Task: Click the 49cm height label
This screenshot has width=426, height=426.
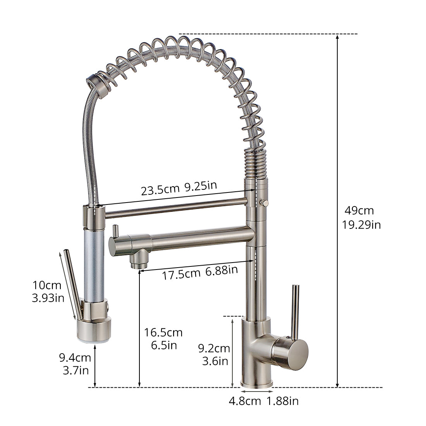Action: tap(359, 211)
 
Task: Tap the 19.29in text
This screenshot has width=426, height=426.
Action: tap(361, 225)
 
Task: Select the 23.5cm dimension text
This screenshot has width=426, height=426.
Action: tap(160, 190)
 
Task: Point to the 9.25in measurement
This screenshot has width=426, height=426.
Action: tap(201, 186)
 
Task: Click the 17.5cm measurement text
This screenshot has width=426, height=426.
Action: tap(181, 274)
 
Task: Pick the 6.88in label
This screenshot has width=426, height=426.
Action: tap(222, 270)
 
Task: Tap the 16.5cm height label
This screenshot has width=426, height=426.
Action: tap(163, 332)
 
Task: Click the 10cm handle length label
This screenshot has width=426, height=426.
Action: tap(47, 285)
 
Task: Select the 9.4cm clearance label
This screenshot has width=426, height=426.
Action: tap(75, 357)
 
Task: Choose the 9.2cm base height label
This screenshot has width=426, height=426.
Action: tap(214, 348)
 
